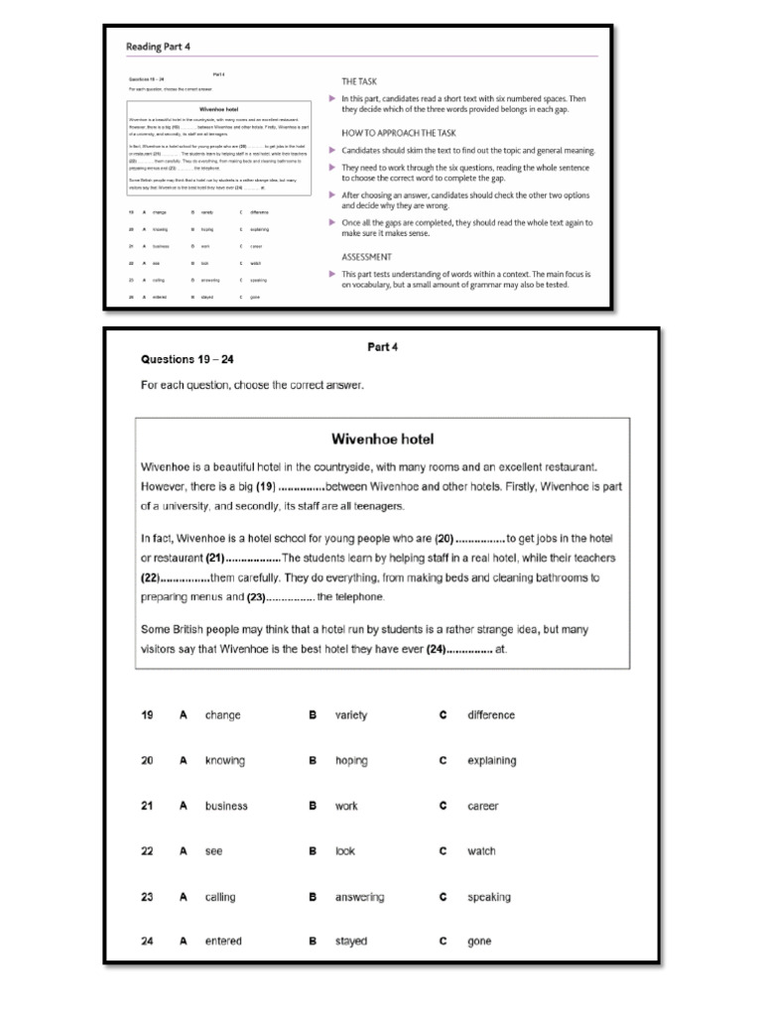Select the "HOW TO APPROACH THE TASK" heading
point(399,132)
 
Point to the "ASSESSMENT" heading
point(368,256)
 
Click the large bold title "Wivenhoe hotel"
point(378,438)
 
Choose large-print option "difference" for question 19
point(491,714)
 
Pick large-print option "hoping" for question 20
point(351,761)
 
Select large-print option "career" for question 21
point(482,806)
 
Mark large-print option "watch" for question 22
point(481,851)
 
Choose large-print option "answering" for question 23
point(359,897)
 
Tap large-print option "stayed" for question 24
point(351,941)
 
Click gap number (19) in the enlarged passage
point(265,486)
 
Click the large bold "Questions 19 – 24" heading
point(188,359)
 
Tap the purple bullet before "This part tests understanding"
point(331,273)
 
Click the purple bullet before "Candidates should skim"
point(331,150)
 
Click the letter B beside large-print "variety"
point(312,714)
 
